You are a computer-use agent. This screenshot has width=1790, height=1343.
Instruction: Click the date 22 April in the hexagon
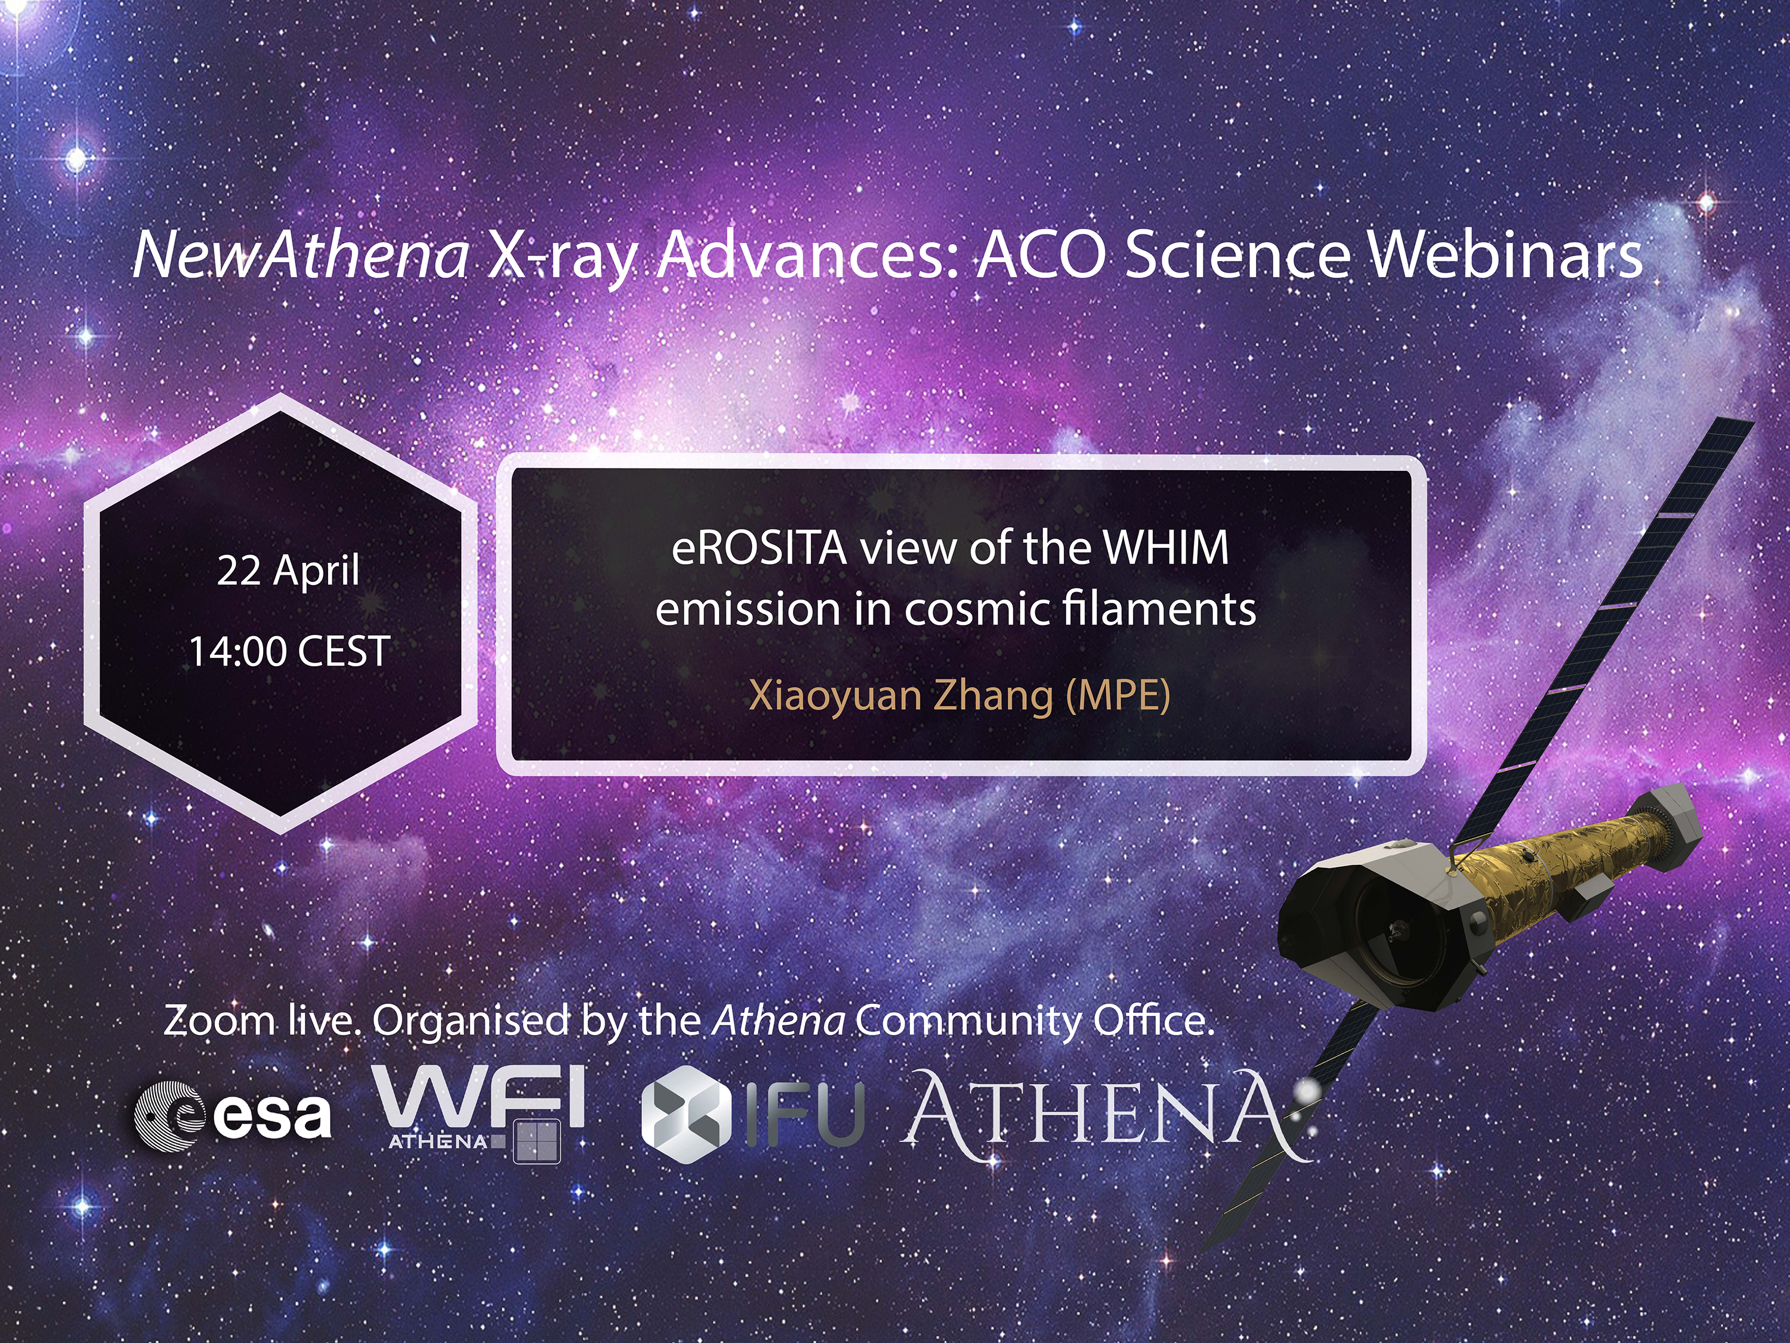coord(288,571)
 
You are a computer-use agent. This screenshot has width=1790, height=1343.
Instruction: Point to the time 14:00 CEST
coord(290,651)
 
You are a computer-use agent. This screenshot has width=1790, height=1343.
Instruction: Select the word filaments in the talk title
coord(1159,609)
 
